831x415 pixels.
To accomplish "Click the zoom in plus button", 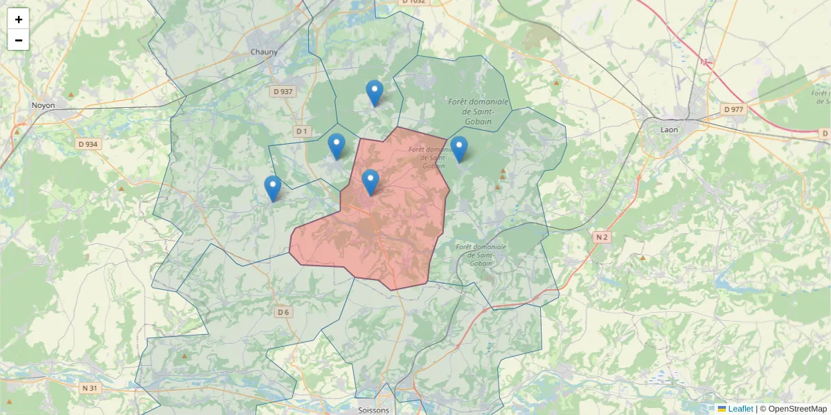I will coord(19,19).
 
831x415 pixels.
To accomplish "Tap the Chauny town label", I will coord(265,52).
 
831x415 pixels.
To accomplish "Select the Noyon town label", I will coord(43,106).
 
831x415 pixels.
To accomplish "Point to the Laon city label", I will coord(669,129).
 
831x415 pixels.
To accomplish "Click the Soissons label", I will coord(374,409).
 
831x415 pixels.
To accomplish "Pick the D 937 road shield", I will coord(283,91).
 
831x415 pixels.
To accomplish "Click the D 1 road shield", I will coord(301,131).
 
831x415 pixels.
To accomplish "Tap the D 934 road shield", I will coord(87,144).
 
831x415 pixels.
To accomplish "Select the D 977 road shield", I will coord(733,109).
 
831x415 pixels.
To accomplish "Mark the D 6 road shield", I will coord(283,312).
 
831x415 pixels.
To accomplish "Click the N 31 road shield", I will coord(89,388).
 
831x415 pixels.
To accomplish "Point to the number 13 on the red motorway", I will coord(704,62).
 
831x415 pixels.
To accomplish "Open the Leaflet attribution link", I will coord(740,409).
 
